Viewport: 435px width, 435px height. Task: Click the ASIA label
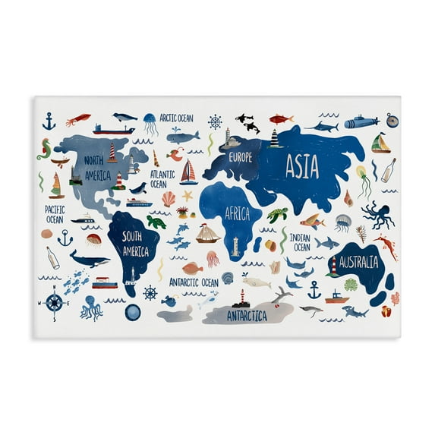301,167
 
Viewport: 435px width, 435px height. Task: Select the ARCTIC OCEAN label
175,118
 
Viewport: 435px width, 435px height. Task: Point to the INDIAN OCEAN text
300,242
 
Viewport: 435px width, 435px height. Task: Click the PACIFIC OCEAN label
54,213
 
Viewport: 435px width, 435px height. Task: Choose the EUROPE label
238,158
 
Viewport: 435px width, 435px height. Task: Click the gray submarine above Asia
361,122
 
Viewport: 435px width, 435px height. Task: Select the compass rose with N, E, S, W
54,302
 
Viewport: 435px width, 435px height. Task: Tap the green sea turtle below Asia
276,215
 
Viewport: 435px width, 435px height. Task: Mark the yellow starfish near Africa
187,196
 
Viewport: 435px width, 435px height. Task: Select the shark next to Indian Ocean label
326,243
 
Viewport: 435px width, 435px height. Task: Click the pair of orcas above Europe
247,123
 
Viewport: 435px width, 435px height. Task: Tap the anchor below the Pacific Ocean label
65,238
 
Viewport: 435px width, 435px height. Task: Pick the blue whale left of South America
89,260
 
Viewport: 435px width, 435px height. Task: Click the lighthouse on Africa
235,246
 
